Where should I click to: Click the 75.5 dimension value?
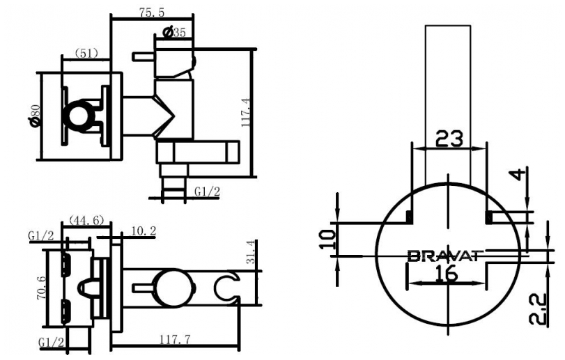pyautogui.click(x=152, y=13)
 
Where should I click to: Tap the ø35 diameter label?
pyautogui.click(x=174, y=32)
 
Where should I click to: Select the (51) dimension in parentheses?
pyautogui.click(x=86, y=54)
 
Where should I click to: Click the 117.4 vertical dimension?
pyautogui.click(x=247, y=112)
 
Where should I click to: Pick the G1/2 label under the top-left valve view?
pyautogui.click(x=207, y=191)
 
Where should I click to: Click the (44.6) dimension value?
pyautogui.click(x=86, y=219)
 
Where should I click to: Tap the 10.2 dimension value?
pyautogui.click(x=144, y=230)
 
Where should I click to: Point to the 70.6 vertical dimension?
pyautogui.click(x=41, y=288)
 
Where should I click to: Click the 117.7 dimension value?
pyautogui.click(x=175, y=339)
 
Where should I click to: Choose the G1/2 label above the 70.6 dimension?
pyautogui.click(x=40, y=235)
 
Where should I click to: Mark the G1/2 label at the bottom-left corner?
pyautogui.click(x=51, y=342)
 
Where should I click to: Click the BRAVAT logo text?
pyautogui.click(x=445, y=256)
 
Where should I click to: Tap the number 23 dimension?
pyautogui.click(x=449, y=139)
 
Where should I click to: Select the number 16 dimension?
pyautogui.click(x=446, y=274)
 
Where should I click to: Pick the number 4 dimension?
pyautogui.click(x=518, y=175)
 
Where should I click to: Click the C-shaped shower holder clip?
pyautogui.click(x=227, y=287)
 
